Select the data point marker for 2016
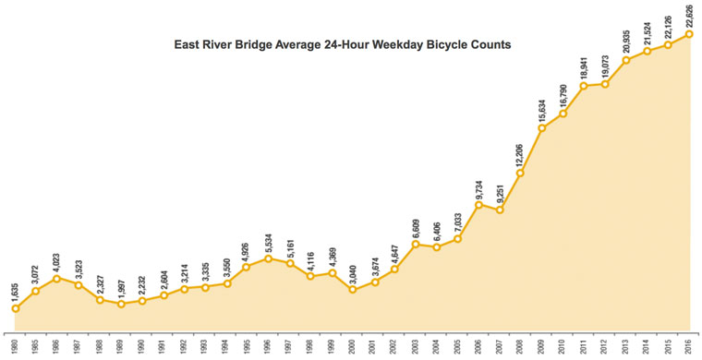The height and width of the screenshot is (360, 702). [x=689, y=34]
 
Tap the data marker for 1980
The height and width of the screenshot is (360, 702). [x=15, y=308]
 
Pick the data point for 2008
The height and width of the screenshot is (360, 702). [x=521, y=173]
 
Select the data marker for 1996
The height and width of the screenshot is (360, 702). [x=268, y=258]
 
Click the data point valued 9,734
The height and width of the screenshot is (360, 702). [x=478, y=204]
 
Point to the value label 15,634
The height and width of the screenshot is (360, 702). [x=542, y=109]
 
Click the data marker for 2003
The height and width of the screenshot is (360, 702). [x=416, y=245]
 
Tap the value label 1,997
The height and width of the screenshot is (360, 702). [x=121, y=284]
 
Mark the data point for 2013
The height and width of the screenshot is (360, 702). [x=626, y=61]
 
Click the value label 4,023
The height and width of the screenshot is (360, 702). [x=57, y=259]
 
